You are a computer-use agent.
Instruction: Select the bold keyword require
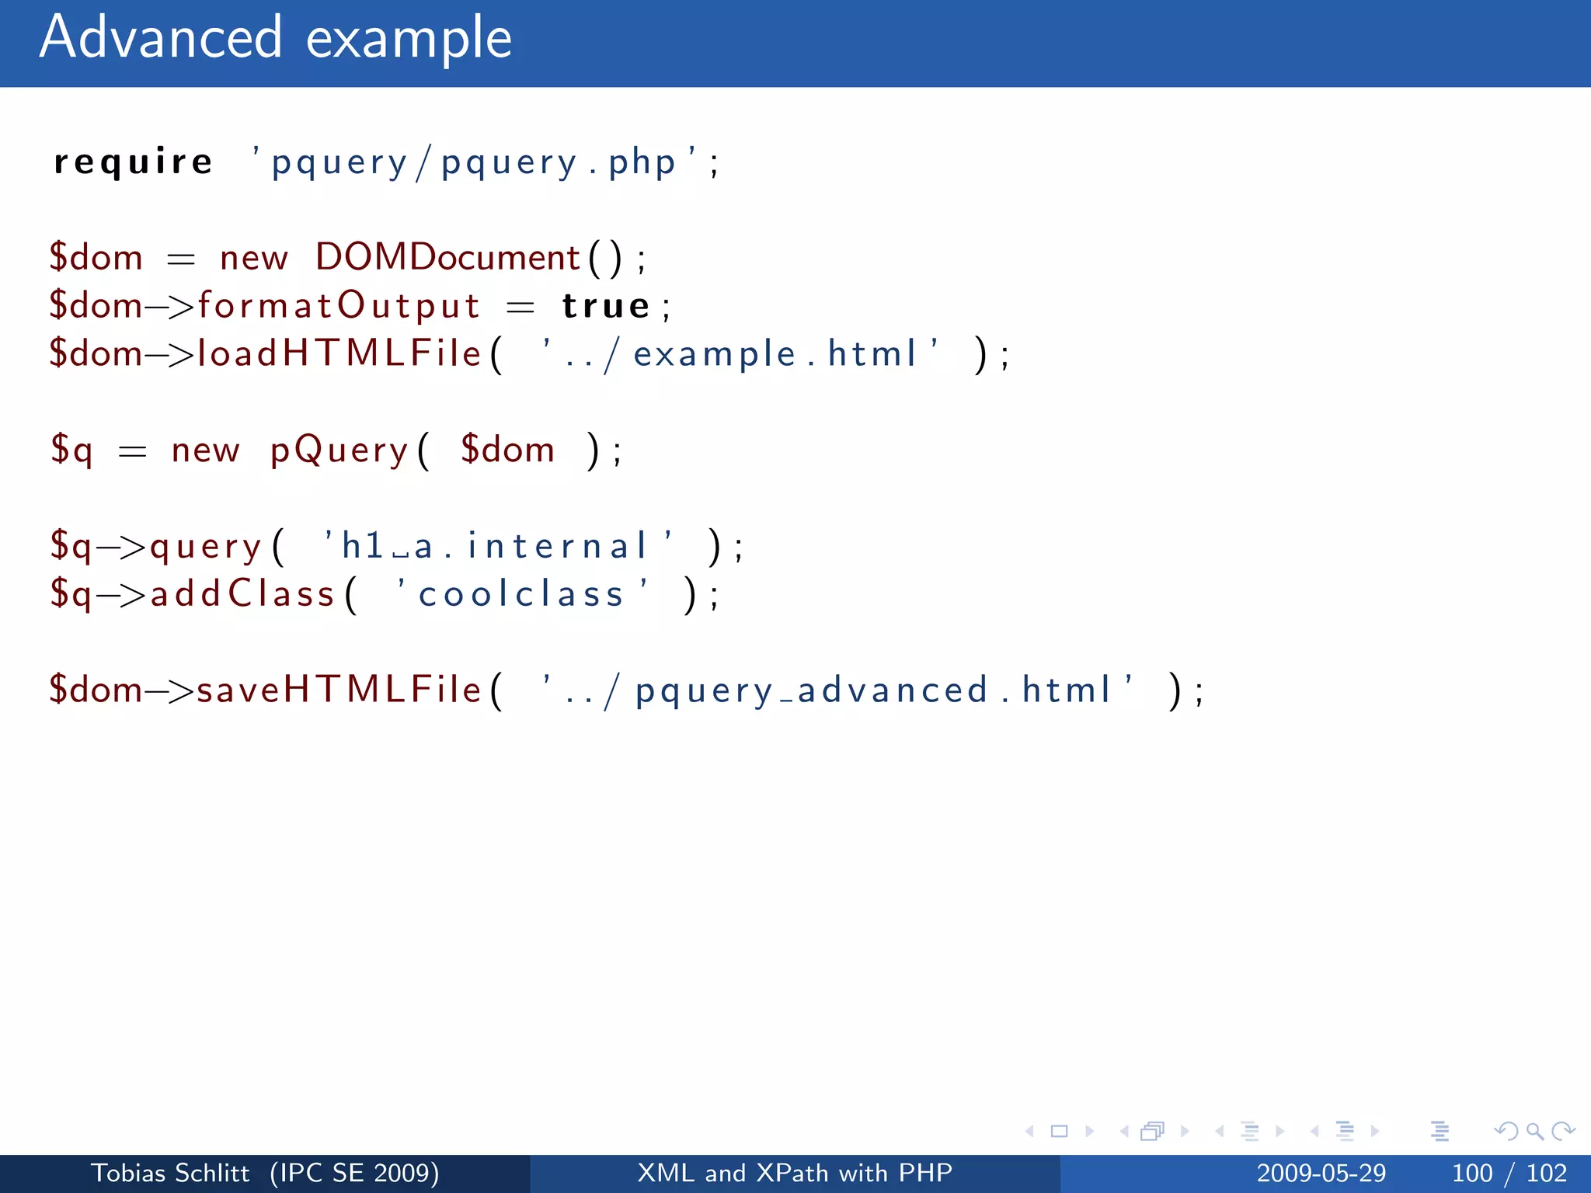click(133, 162)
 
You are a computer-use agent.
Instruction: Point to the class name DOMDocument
click(447, 257)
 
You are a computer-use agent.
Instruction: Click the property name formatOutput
click(339, 305)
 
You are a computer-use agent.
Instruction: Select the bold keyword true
click(606, 305)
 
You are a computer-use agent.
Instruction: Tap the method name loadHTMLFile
click(339, 353)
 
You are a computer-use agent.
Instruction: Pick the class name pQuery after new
click(339, 450)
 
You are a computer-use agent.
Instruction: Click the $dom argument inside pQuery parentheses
click(507, 450)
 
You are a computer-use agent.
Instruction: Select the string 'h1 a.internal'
click(498, 545)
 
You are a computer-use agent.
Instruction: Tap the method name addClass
click(242, 594)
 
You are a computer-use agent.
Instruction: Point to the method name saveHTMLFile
click(339, 690)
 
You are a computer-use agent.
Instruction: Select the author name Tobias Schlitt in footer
click(170, 1173)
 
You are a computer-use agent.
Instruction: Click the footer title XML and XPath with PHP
click(795, 1173)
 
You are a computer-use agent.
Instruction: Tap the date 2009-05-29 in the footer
click(1321, 1173)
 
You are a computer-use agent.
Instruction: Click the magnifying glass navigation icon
click(1534, 1131)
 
